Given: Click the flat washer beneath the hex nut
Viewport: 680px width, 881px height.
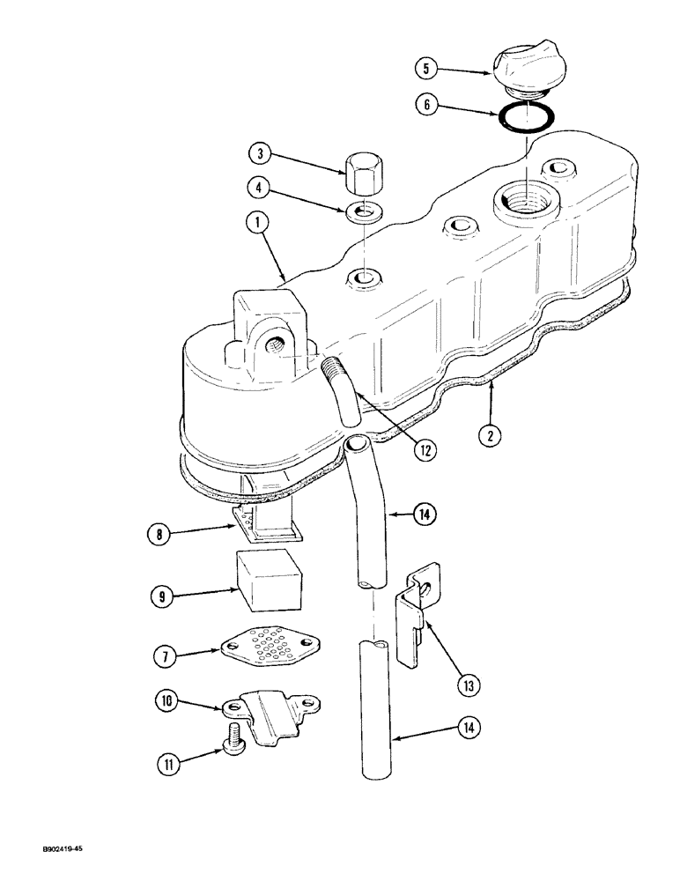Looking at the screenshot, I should pos(364,213).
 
